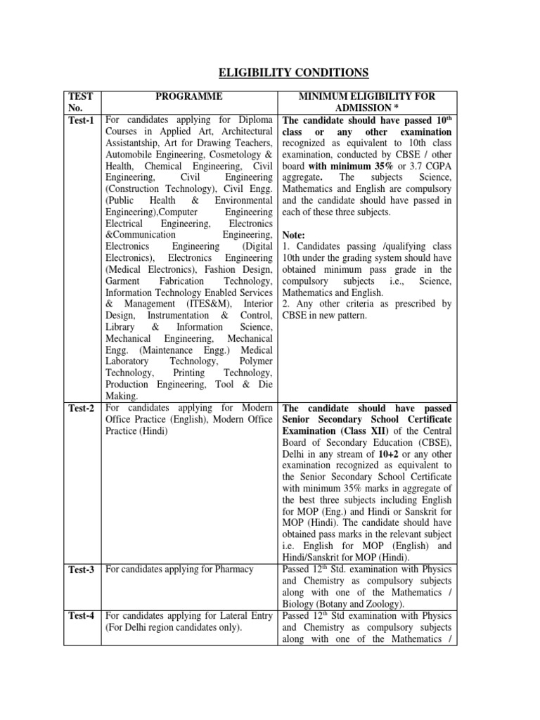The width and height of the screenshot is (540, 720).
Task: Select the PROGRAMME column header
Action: (189, 96)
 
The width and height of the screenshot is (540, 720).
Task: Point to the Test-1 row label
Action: (82, 120)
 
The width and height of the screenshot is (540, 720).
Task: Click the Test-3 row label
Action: (82, 570)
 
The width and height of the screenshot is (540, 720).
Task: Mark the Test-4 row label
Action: (82, 617)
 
